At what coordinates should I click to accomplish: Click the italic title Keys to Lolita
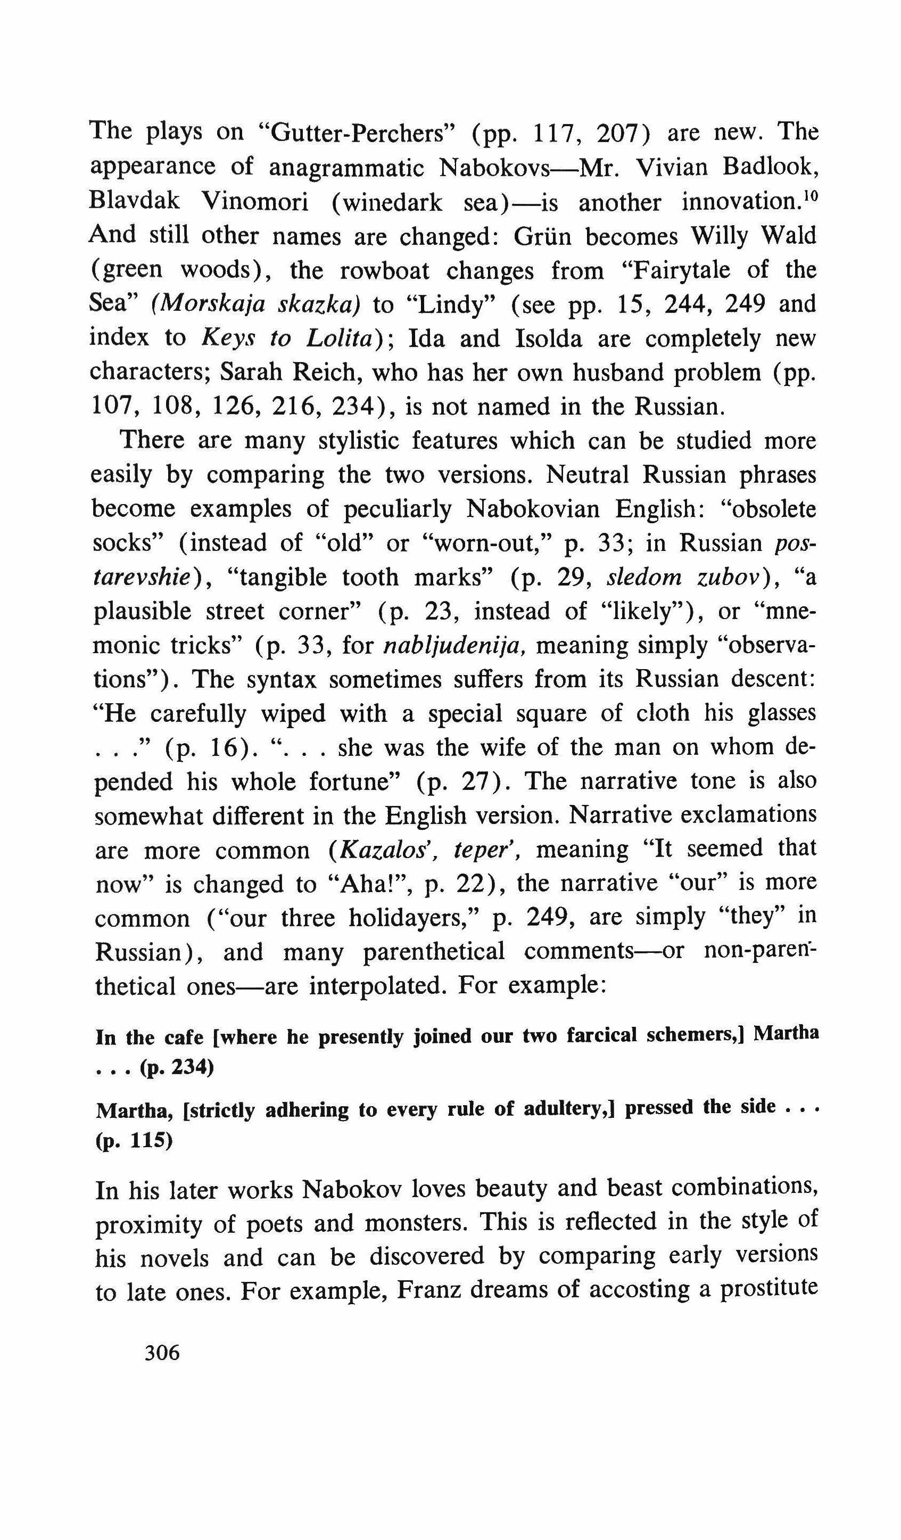[286, 339]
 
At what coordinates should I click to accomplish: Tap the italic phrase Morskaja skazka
[256, 304]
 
